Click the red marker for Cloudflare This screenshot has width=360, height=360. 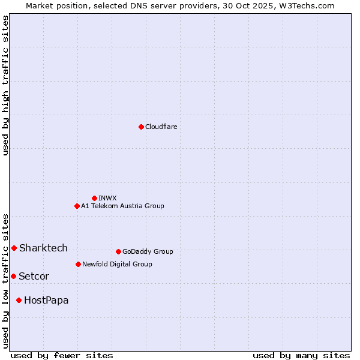(141, 127)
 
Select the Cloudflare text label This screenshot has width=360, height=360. (161, 127)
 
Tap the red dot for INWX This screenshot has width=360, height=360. (94, 198)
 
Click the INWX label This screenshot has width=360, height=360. (107, 199)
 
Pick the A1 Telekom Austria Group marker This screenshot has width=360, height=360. (77, 206)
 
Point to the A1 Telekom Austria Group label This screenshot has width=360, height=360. (122, 206)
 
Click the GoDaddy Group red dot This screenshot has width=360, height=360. (118, 251)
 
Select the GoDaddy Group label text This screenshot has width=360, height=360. (148, 252)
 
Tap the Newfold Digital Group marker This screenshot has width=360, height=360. (78, 264)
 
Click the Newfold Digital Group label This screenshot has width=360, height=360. (117, 265)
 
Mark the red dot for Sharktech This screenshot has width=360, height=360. (14, 248)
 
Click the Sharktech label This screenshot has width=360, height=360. (43, 248)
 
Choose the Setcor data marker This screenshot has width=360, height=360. (13, 276)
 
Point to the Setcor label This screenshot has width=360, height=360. (34, 277)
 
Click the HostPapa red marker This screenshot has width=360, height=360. (19, 300)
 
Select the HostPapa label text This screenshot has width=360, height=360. (46, 301)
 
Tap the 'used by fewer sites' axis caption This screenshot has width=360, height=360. (62, 355)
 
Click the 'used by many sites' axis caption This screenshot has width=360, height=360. (301, 355)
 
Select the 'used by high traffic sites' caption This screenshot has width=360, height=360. (5, 85)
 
